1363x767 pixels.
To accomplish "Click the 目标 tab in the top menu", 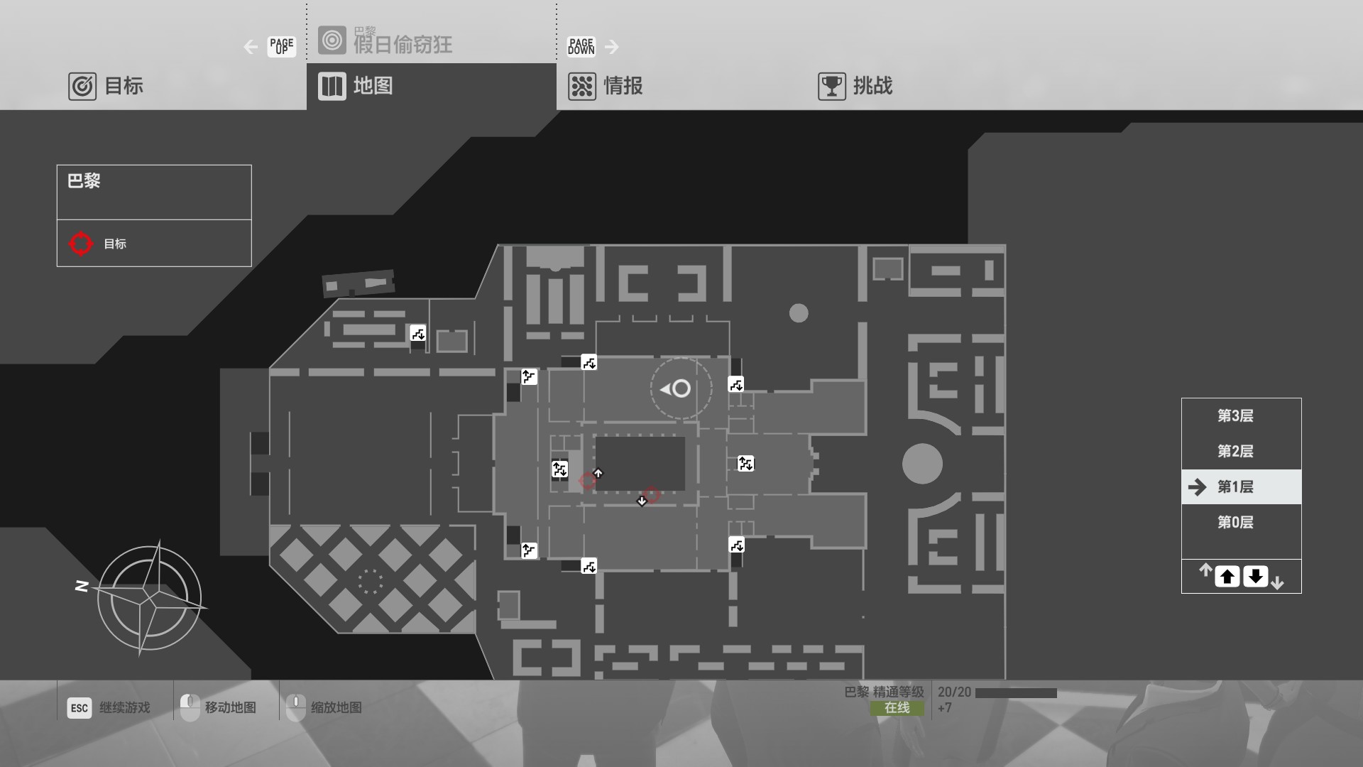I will [x=106, y=86].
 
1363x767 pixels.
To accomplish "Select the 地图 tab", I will [x=356, y=86].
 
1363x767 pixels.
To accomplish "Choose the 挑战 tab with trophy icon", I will [x=855, y=86].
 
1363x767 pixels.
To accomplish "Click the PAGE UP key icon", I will [x=281, y=47].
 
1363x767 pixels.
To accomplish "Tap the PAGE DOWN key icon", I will [x=581, y=47].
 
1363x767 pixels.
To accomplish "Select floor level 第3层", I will [x=1235, y=416].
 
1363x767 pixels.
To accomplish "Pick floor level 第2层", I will [x=1235, y=452].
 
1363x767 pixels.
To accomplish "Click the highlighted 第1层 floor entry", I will [x=1235, y=487].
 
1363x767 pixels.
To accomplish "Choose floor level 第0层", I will [x=1235, y=523].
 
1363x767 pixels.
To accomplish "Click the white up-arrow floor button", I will [x=1227, y=577].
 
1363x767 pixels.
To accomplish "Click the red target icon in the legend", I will [x=81, y=244].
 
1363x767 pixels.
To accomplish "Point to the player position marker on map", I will [x=680, y=388].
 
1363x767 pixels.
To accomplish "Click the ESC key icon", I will [x=80, y=707].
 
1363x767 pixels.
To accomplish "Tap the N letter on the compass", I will [x=82, y=586].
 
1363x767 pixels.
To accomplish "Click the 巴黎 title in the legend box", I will [x=84, y=181].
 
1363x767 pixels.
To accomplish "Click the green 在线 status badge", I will [x=897, y=708].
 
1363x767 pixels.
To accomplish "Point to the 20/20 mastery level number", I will [x=954, y=692].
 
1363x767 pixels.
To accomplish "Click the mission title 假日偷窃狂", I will [x=403, y=45].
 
